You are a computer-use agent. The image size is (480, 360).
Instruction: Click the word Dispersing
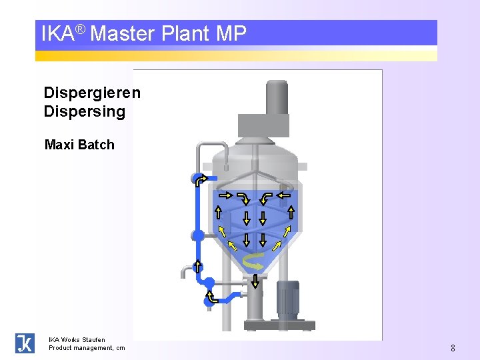coord(84,111)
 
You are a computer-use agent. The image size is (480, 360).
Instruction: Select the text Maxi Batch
coord(79,145)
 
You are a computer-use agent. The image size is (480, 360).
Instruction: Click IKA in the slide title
coord(57,33)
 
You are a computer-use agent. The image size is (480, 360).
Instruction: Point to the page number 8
coord(453,348)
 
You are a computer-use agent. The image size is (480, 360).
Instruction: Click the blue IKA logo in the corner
coord(25,343)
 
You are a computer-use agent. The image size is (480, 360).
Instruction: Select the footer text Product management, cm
coord(86,348)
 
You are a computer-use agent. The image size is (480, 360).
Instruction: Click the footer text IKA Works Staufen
coord(77,339)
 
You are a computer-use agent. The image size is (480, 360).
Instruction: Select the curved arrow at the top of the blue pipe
coord(201,179)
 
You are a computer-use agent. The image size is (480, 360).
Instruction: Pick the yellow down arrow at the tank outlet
coord(255,281)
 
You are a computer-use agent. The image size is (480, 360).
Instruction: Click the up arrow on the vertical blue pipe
coord(198,266)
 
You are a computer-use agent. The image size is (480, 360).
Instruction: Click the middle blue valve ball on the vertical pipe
coord(198,235)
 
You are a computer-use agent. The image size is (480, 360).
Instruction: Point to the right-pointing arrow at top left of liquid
coord(225,195)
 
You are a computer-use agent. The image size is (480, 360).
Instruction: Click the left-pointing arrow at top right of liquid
coord(284,195)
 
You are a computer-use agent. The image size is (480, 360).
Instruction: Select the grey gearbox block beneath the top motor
coord(263,125)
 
